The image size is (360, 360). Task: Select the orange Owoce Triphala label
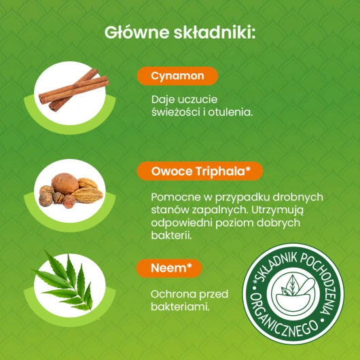coord(200,170)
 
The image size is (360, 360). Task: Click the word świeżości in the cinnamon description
coord(176,112)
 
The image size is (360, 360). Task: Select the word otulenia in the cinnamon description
coord(234,112)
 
